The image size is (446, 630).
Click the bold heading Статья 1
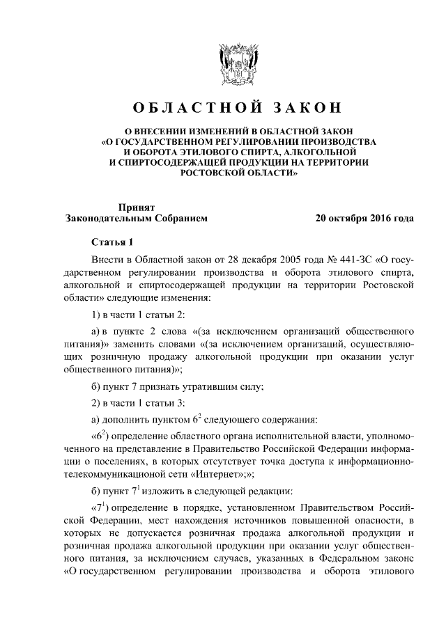[112, 242]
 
